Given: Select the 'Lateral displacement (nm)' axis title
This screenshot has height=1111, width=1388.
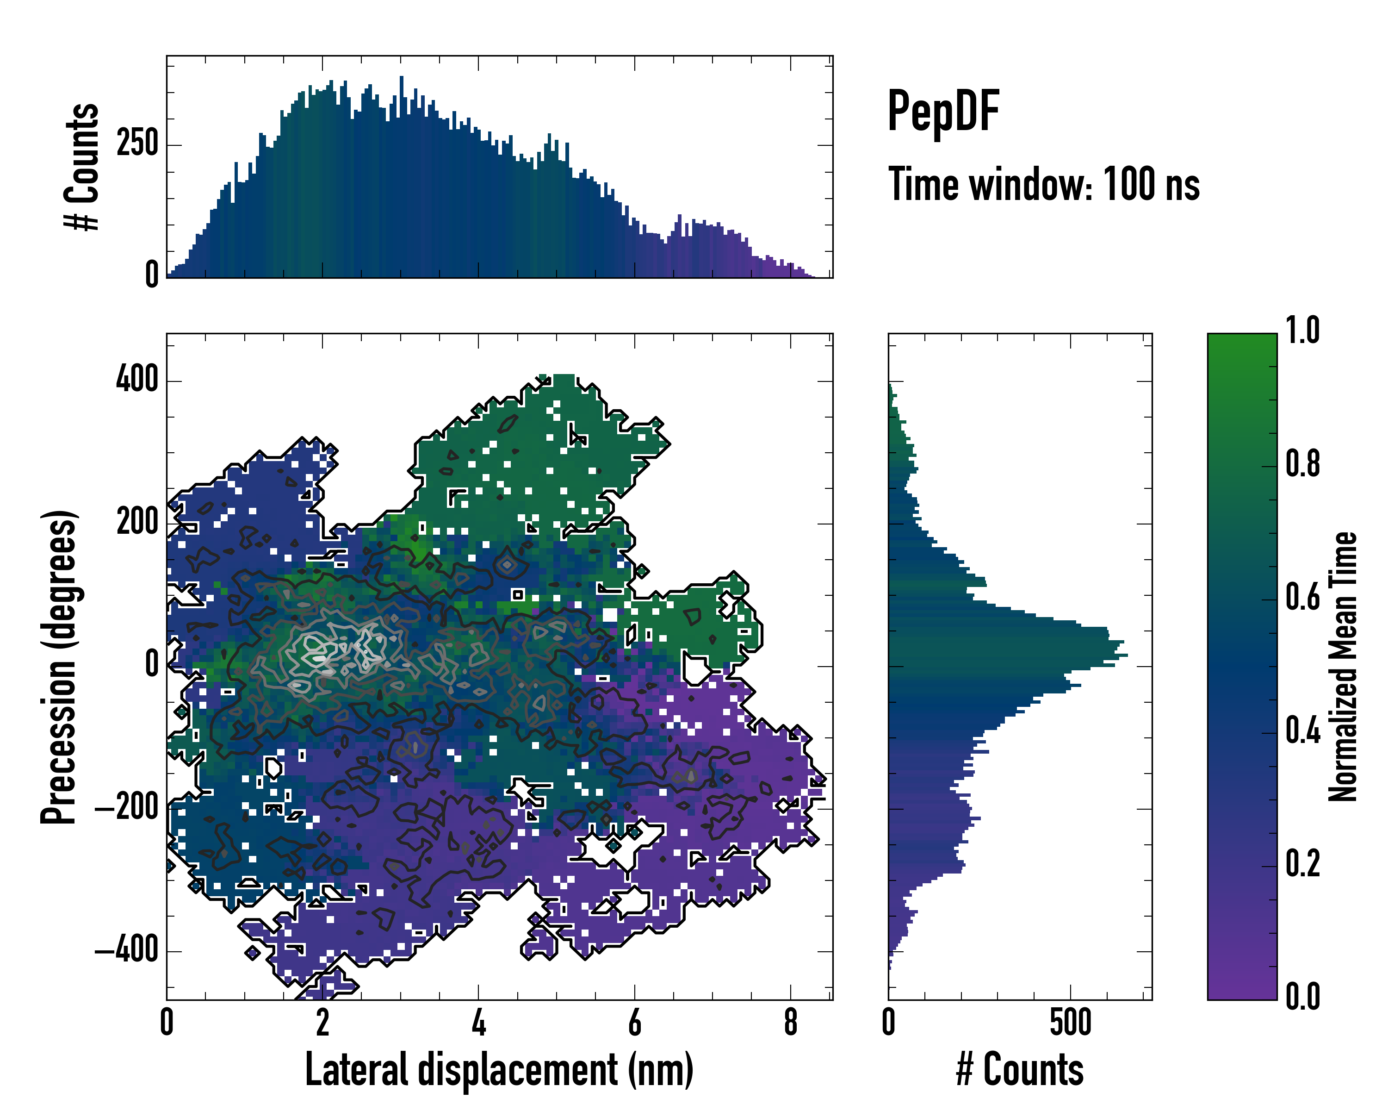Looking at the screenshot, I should point(499,1070).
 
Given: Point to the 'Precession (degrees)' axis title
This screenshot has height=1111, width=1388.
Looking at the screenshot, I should point(59,667).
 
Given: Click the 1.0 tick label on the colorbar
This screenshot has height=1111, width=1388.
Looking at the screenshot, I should point(1302,331).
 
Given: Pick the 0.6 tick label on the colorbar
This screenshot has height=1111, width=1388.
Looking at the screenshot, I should point(1302,597).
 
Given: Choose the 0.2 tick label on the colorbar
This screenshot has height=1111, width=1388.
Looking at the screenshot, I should point(1302,864).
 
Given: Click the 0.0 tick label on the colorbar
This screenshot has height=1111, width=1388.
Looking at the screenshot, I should point(1302,996).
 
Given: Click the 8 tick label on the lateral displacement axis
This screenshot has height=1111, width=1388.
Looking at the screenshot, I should point(791,1023).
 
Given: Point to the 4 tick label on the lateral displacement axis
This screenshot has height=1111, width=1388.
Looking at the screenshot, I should point(478,1023).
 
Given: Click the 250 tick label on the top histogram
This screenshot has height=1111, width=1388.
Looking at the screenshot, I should point(137,143).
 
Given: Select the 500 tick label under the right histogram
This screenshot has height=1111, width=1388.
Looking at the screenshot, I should point(1070,1023).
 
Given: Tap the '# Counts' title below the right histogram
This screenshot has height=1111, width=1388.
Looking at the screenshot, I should point(1020,1070).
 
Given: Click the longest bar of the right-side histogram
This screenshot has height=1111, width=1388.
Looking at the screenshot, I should point(1008,655).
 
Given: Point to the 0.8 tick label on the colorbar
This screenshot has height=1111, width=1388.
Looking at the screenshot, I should point(1302,464).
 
